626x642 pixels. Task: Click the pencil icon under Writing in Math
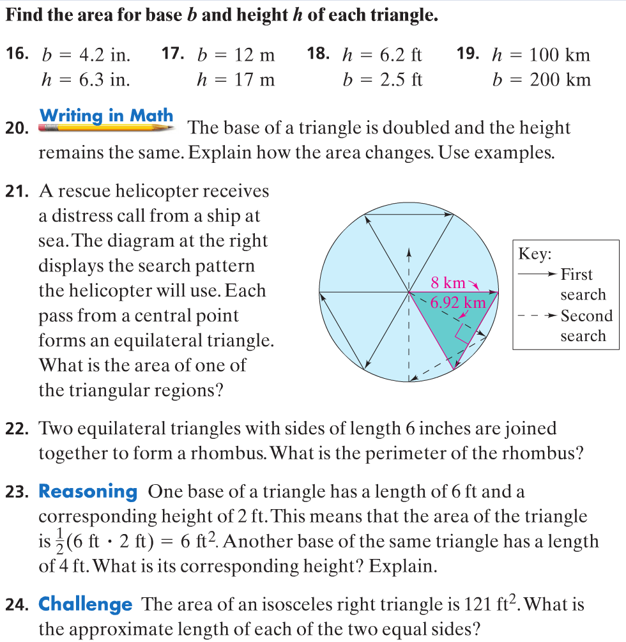click(106, 128)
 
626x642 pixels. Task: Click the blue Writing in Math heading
click(106, 116)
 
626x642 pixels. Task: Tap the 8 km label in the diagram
click(448, 282)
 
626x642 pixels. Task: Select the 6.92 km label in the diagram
click(455, 302)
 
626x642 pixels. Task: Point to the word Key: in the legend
click(534, 254)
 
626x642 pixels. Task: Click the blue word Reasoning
click(88, 491)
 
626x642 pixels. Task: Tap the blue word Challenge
click(86, 604)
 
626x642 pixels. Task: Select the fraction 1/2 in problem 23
click(54, 542)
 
